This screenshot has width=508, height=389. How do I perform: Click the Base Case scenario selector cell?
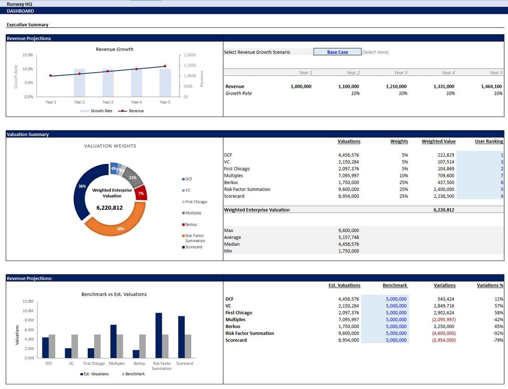pyautogui.click(x=337, y=52)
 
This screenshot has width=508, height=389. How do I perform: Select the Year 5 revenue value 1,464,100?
pyautogui.click(x=491, y=86)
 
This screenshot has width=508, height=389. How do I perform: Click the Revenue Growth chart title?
pyautogui.click(x=115, y=49)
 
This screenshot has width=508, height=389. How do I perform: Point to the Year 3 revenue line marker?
pyautogui.click(x=108, y=71)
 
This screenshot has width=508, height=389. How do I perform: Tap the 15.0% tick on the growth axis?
pyautogui.click(x=28, y=55)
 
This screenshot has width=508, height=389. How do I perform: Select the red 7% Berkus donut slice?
pyautogui.click(x=142, y=193)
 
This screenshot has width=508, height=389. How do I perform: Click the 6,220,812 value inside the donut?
pyautogui.click(x=109, y=208)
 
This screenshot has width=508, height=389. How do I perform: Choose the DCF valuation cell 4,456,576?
pyautogui.click(x=349, y=155)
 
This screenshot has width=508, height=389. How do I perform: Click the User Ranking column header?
pyautogui.click(x=489, y=141)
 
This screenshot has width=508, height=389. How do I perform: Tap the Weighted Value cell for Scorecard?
pyautogui.click(x=444, y=196)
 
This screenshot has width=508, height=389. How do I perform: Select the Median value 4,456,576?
pyautogui.click(x=349, y=244)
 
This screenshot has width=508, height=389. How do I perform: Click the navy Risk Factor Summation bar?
pyautogui.click(x=159, y=335)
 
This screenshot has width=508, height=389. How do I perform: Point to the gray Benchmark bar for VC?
pyautogui.click(x=74, y=346)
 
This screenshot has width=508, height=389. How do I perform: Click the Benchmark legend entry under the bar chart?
pyautogui.click(x=133, y=374)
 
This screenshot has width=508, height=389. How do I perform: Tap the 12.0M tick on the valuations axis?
pyautogui.click(x=28, y=302)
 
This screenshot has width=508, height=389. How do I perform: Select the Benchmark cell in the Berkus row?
pyautogui.click(x=396, y=327)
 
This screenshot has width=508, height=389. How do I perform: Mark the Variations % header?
pyautogui.click(x=490, y=285)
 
